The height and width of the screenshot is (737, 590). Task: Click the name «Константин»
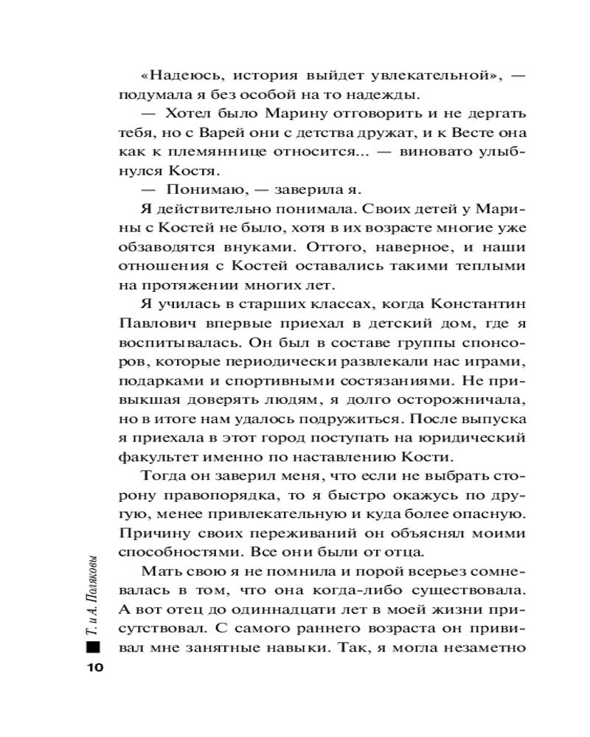[462, 304]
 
